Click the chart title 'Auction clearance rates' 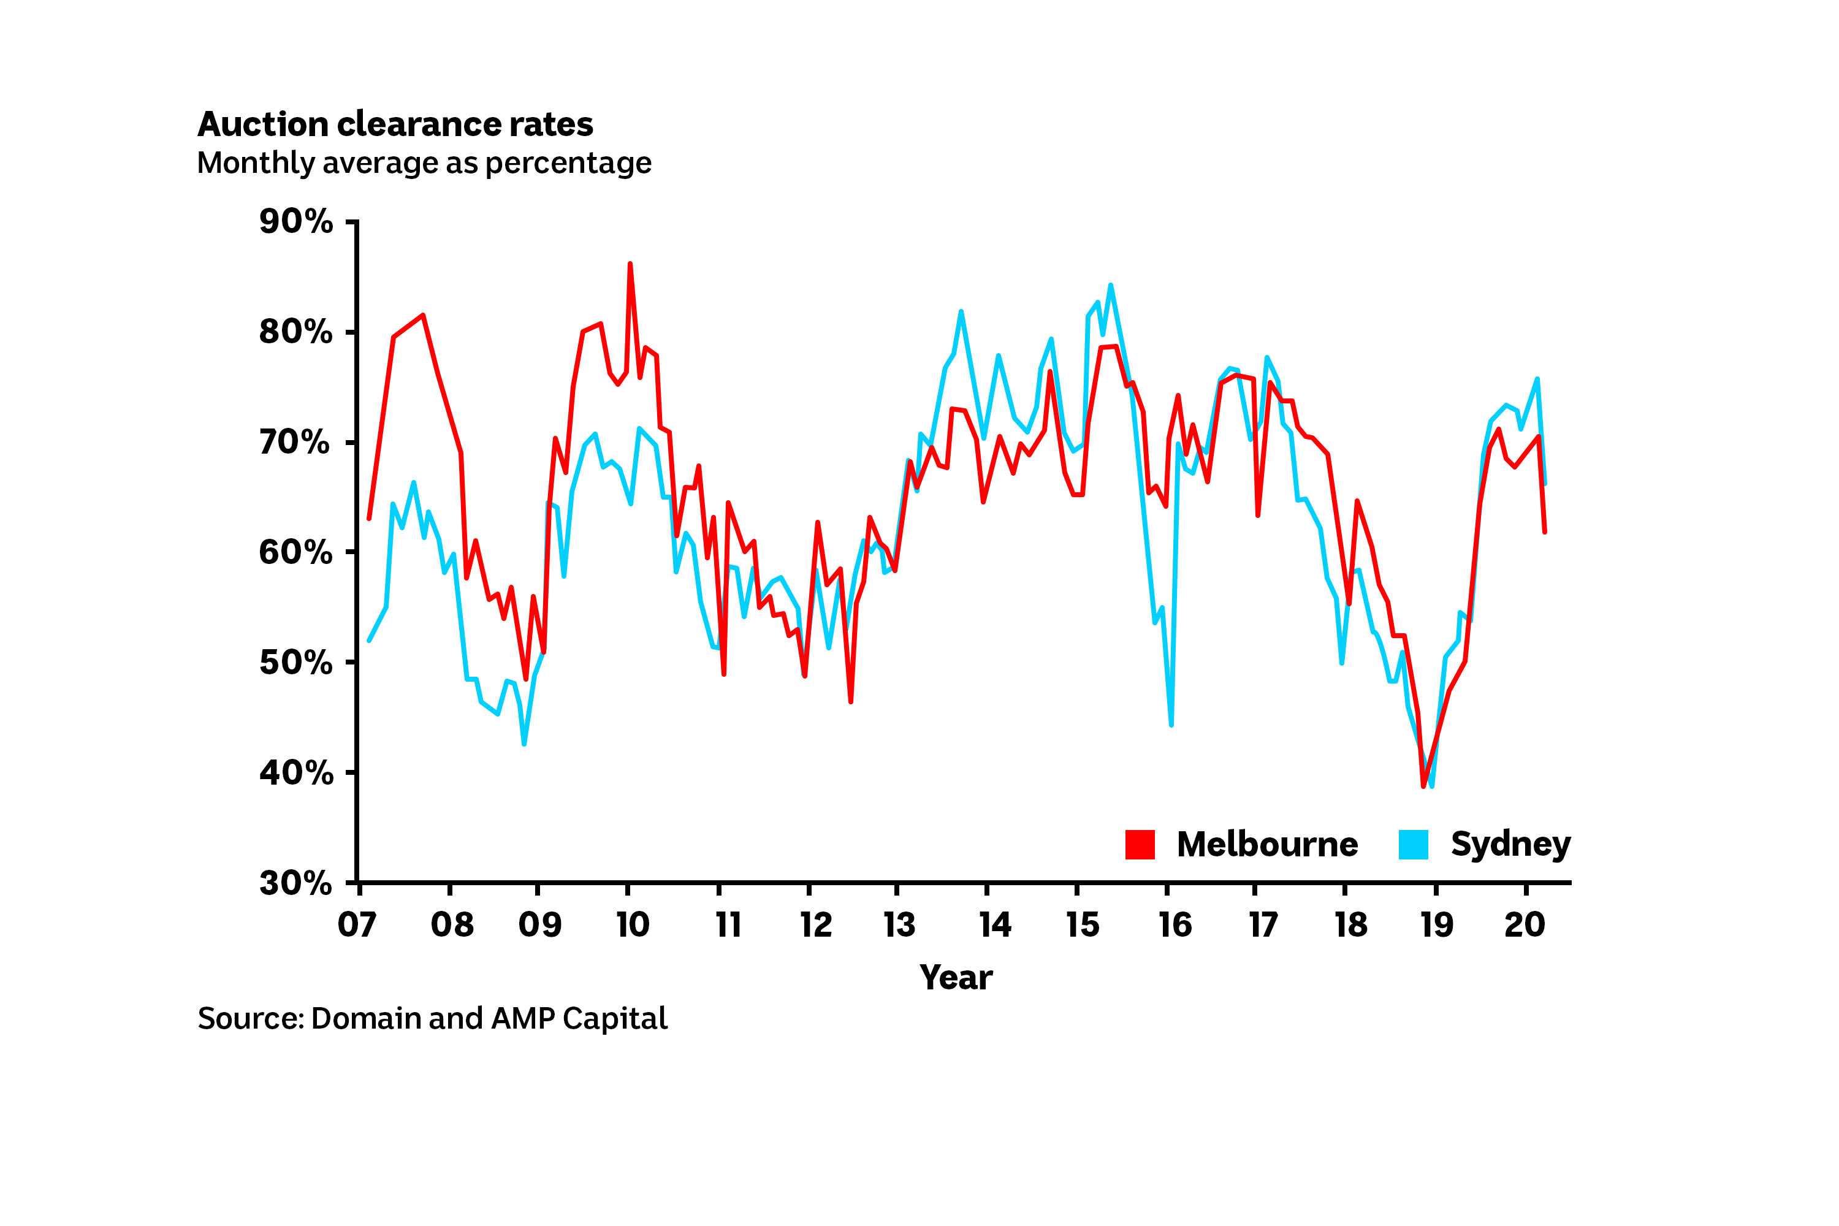(395, 124)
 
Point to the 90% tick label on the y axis (295, 222)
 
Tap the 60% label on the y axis (295, 553)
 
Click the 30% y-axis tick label (295, 883)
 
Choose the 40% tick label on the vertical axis (295, 773)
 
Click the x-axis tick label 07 (357, 925)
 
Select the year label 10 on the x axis (633, 925)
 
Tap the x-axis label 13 (899, 925)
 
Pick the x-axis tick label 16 (1175, 925)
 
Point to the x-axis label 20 (1525, 925)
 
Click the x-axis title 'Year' (956, 977)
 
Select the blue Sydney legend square (1413, 845)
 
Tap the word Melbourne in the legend (1266, 845)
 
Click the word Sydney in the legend (1510, 845)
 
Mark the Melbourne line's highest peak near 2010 (630, 264)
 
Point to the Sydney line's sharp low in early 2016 (1170, 725)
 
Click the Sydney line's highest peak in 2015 (1110, 286)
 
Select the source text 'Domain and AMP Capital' (489, 1018)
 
